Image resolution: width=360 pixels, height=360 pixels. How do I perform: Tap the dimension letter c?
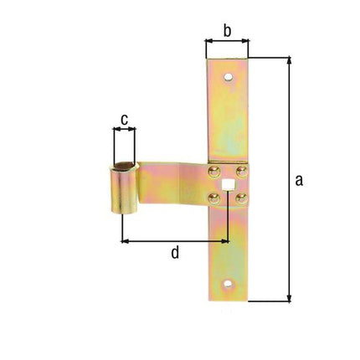tap(124, 120)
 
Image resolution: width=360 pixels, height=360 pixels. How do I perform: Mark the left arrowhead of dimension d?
tap(126, 240)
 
